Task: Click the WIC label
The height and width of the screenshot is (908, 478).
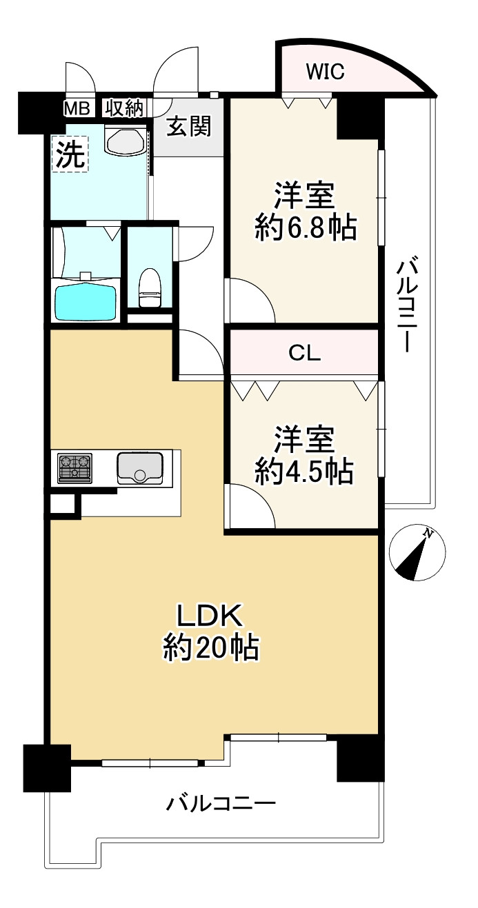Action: [325, 72]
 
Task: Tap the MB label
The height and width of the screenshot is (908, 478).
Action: [77, 109]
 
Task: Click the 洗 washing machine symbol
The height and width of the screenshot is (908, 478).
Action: [70, 154]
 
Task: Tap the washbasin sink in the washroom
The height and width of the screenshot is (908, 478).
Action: [126, 139]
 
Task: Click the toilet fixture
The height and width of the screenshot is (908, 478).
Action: [150, 287]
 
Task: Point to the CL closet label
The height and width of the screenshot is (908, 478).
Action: [304, 353]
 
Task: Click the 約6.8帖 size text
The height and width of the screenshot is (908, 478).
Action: [306, 228]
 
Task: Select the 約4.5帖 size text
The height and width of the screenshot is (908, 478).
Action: [304, 472]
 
